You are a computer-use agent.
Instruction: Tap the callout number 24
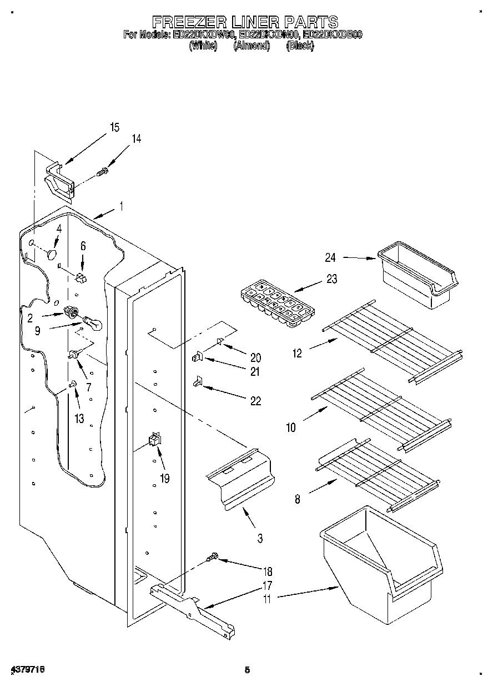(x=331, y=257)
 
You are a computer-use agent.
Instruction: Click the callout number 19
(x=165, y=477)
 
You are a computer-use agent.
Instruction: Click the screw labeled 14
(x=103, y=172)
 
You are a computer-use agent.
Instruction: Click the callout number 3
(x=260, y=538)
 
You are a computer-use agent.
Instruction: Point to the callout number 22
(x=255, y=401)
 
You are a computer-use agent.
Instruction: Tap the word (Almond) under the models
(x=251, y=47)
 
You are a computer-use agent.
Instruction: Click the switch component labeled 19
(x=153, y=440)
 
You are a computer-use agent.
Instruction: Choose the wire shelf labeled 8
(x=378, y=473)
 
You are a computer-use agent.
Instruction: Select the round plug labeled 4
(x=53, y=255)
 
